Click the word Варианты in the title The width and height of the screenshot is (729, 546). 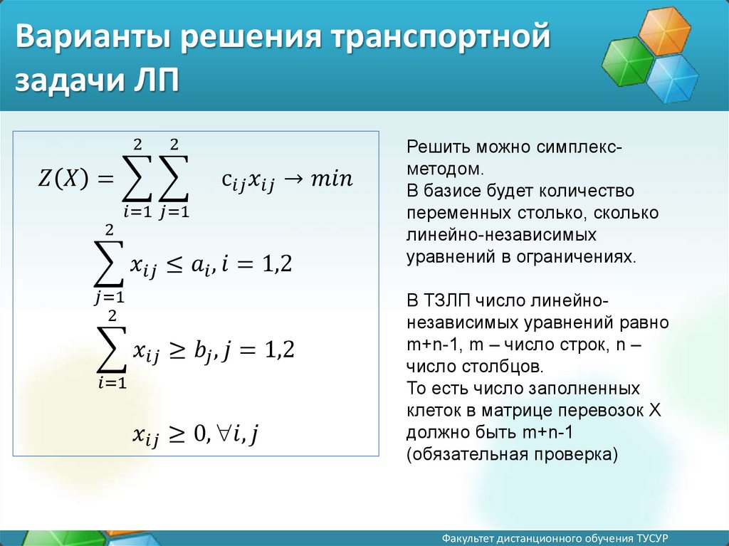pos(93,36)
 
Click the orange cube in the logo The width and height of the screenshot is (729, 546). pos(664,31)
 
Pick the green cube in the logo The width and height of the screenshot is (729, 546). pos(628,61)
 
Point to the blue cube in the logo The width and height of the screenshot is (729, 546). pos(673,78)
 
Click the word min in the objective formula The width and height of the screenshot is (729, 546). pos(332,179)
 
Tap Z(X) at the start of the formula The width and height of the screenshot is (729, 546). pos(63,178)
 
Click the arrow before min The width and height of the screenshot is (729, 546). pos(293,179)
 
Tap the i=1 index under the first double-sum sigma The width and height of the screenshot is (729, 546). pos(137,212)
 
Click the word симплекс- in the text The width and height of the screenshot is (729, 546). pos(579,147)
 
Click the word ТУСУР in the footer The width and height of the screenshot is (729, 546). pos(652,538)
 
